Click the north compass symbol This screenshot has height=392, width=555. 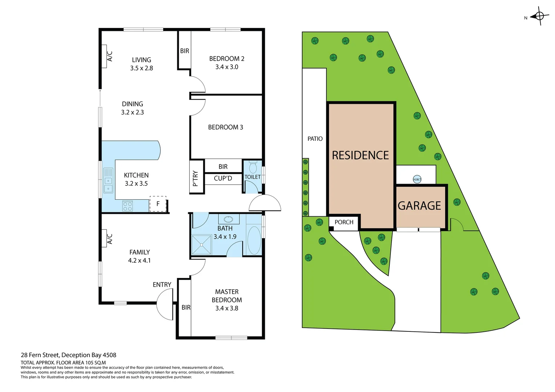point(539,16)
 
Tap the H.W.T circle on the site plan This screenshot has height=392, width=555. point(417,179)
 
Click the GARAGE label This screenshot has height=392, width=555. point(419,206)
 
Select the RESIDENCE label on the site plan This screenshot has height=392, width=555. point(360,155)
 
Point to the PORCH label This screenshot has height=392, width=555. point(344,222)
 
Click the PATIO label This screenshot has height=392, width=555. point(315,139)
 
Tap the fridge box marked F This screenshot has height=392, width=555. point(158,204)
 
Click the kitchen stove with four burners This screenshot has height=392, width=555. point(127,206)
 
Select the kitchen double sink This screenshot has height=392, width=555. point(108,180)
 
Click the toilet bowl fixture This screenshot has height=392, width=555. point(253,168)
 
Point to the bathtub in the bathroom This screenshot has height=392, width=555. point(254,240)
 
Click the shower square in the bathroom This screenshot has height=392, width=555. point(202,244)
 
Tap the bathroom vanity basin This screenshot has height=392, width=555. point(228,219)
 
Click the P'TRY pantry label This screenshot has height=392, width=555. point(195,178)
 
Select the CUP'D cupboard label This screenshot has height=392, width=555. point(223,178)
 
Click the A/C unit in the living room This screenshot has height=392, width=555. point(104,56)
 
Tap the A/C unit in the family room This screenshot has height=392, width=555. point(104,238)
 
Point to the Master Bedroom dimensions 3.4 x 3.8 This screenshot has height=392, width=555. point(227,308)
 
